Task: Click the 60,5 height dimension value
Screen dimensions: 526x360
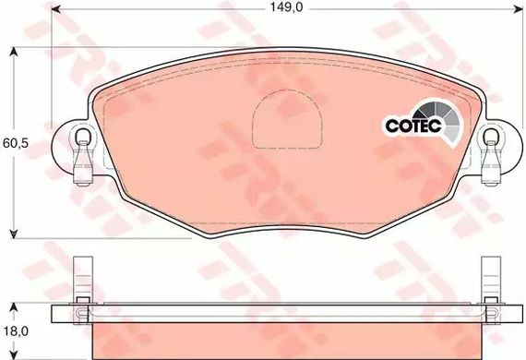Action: (x=16, y=143)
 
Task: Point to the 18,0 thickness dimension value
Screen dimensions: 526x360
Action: (x=16, y=331)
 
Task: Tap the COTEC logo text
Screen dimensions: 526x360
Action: (x=412, y=126)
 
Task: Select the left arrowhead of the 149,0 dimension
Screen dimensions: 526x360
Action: (x=55, y=9)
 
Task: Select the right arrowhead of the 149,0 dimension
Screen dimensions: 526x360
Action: (x=519, y=9)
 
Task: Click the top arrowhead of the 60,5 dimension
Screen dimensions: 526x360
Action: (x=14, y=52)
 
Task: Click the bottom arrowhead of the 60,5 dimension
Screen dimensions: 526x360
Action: (x=14, y=234)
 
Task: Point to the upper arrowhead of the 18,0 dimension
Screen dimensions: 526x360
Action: (x=14, y=309)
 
